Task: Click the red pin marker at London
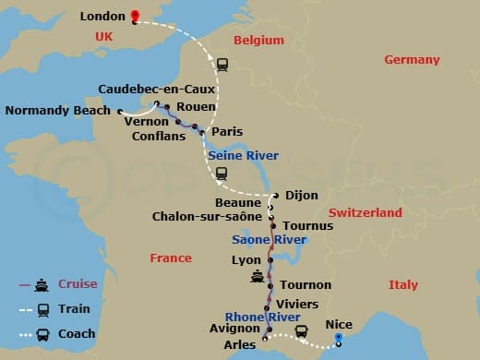click(x=135, y=16)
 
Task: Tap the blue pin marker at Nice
click(x=339, y=338)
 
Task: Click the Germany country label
click(x=412, y=60)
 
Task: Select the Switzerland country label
click(x=366, y=212)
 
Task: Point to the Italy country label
click(x=402, y=284)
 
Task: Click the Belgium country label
click(x=258, y=41)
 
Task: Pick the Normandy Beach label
click(x=57, y=111)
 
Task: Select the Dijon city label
click(x=302, y=196)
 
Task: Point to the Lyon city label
click(x=246, y=260)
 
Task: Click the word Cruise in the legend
click(x=77, y=283)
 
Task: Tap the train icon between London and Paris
click(x=222, y=65)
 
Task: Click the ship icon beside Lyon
click(x=257, y=276)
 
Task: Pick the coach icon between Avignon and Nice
click(x=301, y=331)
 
